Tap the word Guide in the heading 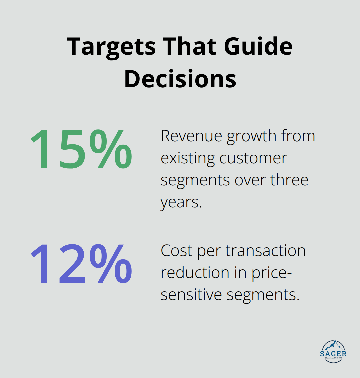coord(258,47)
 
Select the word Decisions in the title coord(180,79)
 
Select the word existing coord(188,159)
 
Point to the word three coord(289,180)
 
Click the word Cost coord(177,251)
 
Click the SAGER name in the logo coord(333,354)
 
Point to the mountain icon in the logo coord(333,345)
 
